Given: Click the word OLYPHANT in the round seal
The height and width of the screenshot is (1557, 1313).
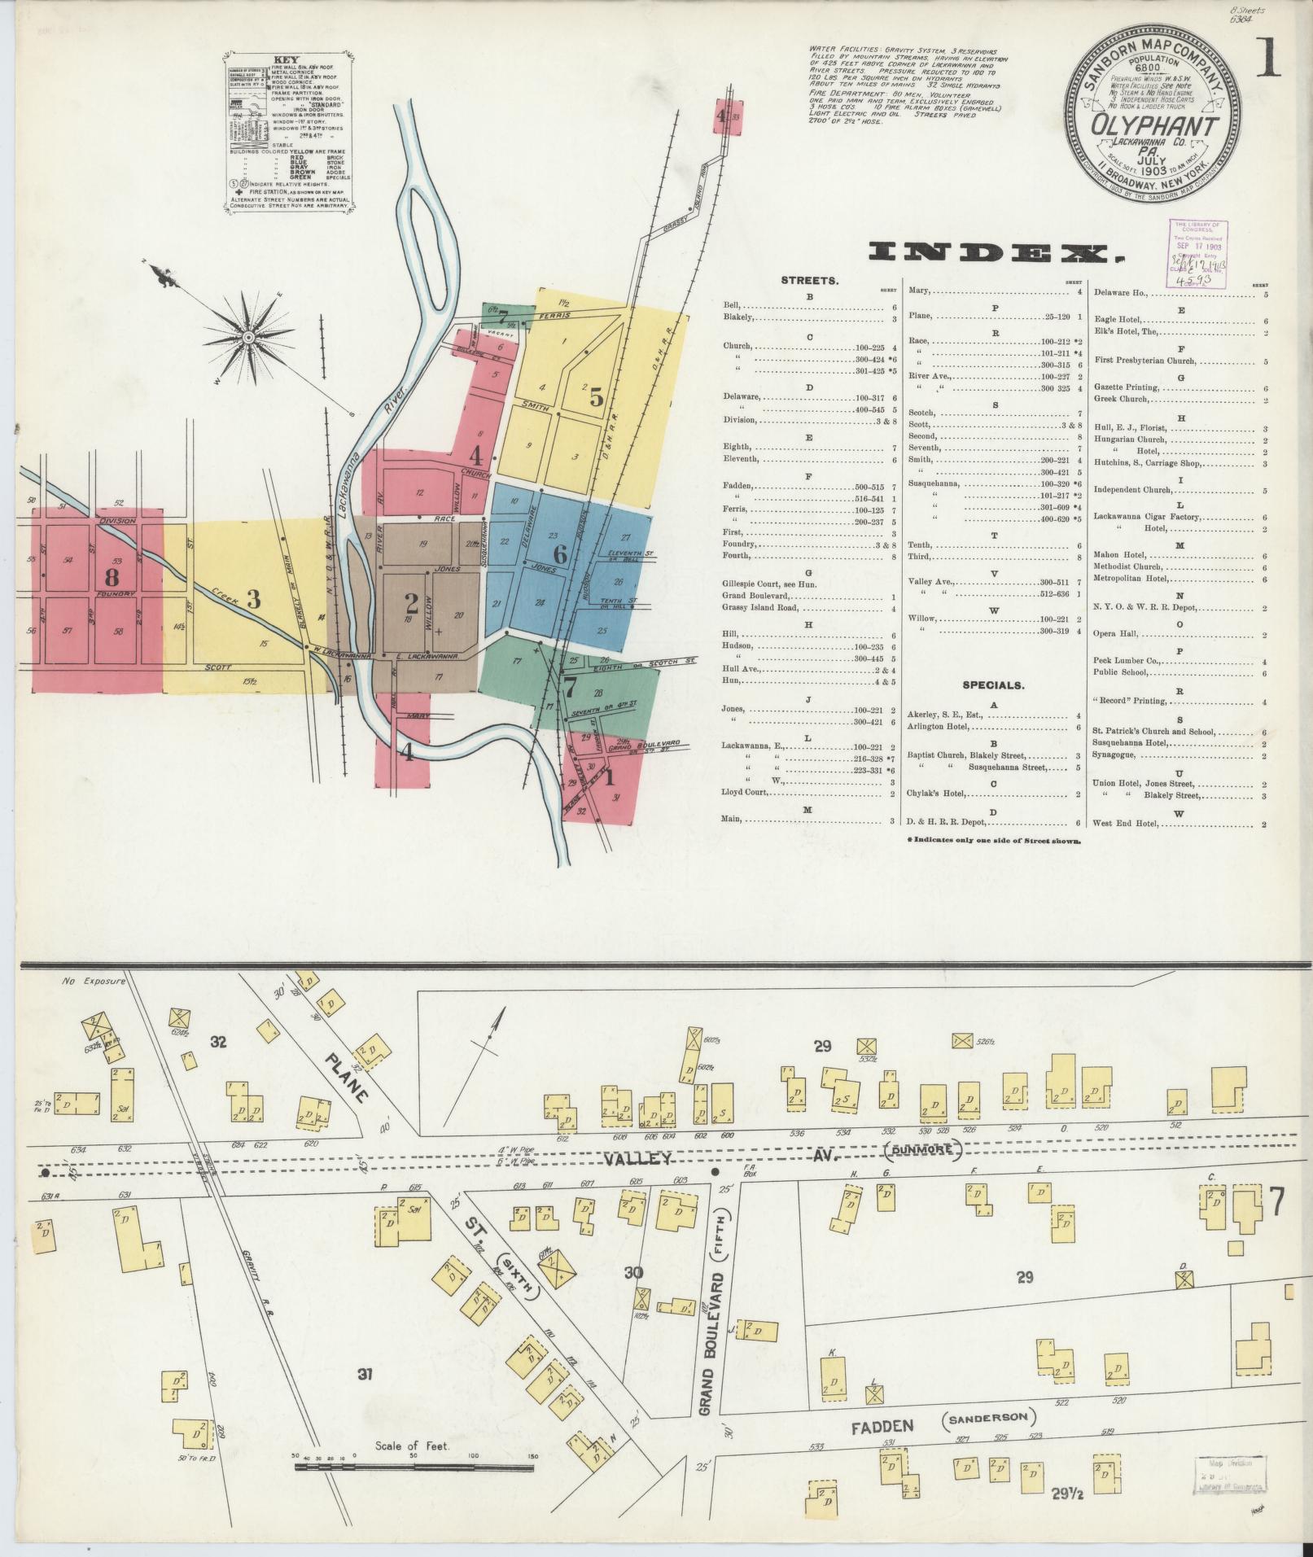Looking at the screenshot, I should tap(1154, 127).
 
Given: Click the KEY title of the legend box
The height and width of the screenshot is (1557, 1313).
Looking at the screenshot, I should tap(287, 59).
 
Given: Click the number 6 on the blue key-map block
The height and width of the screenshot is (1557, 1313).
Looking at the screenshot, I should tap(560, 554).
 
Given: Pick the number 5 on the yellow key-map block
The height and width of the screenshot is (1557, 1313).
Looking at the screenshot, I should tap(596, 397).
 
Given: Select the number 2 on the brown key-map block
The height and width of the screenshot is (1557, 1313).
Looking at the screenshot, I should tap(412, 603).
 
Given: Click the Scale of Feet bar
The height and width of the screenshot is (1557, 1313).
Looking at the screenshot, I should tap(414, 898).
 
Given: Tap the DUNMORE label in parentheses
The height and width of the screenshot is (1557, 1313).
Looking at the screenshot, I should tap(923, 1151).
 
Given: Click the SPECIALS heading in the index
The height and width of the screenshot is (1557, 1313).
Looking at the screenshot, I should tap(993, 685).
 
